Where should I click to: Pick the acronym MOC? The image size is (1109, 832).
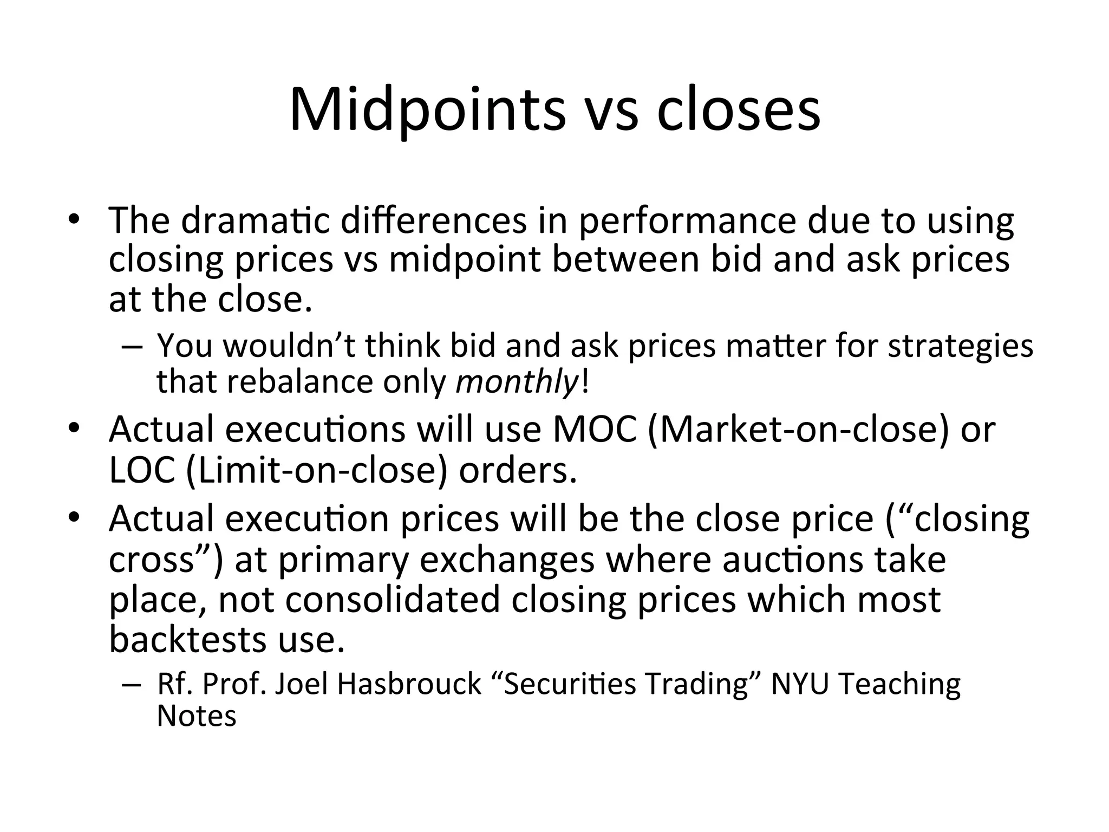pyautogui.click(x=594, y=429)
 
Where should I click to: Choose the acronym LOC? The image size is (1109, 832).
pyautogui.click(x=142, y=470)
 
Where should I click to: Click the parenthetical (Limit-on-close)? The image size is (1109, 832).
pyautogui.click(x=317, y=470)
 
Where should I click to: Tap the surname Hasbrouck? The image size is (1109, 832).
pyautogui.click(x=409, y=684)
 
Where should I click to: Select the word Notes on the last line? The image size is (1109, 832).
pyautogui.click(x=197, y=716)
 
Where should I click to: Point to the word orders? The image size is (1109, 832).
pyautogui.click(x=518, y=470)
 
